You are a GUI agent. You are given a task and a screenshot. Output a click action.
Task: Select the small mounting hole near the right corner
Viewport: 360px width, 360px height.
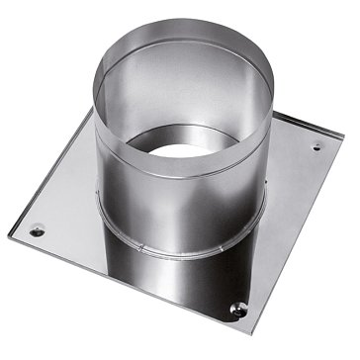[316, 148]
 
